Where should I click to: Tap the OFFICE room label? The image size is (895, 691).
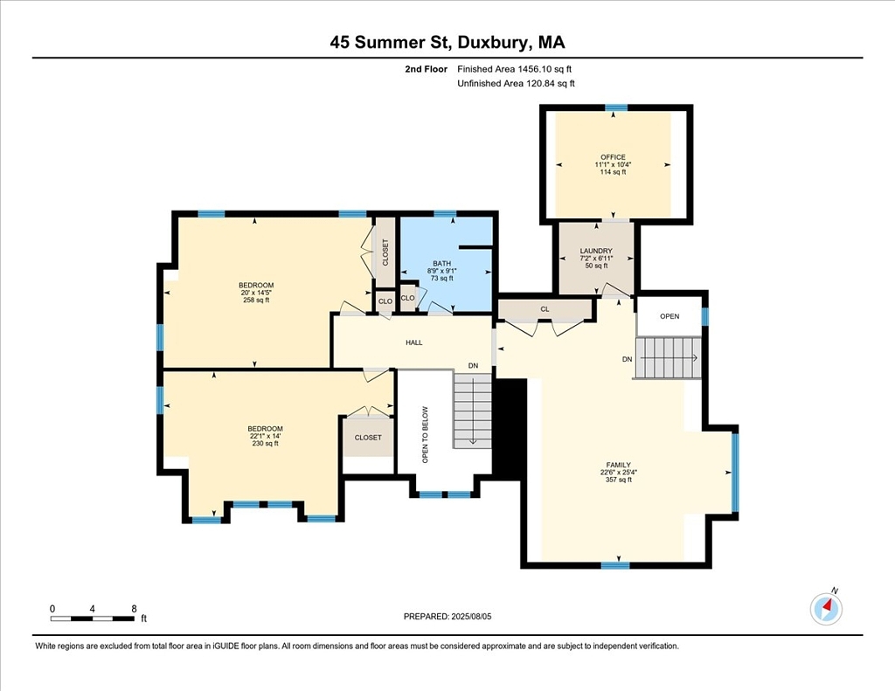613,157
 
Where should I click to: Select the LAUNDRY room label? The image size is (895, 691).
596,251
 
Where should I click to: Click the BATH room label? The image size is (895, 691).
441,264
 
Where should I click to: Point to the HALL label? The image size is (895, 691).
414,342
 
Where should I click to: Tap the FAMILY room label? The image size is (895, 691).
619,465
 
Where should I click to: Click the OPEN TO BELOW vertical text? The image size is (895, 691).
425,435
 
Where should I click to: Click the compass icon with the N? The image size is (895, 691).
826,609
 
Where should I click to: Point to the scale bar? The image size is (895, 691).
93,618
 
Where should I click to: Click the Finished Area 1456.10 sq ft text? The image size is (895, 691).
514,69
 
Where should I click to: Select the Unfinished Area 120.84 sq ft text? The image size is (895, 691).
516,83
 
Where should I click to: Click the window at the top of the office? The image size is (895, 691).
616,107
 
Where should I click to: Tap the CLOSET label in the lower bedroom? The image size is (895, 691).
368,438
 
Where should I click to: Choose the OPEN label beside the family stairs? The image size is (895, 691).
670,316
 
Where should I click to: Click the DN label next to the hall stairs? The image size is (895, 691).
473,366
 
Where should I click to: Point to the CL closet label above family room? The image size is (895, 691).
545,309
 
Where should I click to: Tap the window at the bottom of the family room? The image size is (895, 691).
615,565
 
